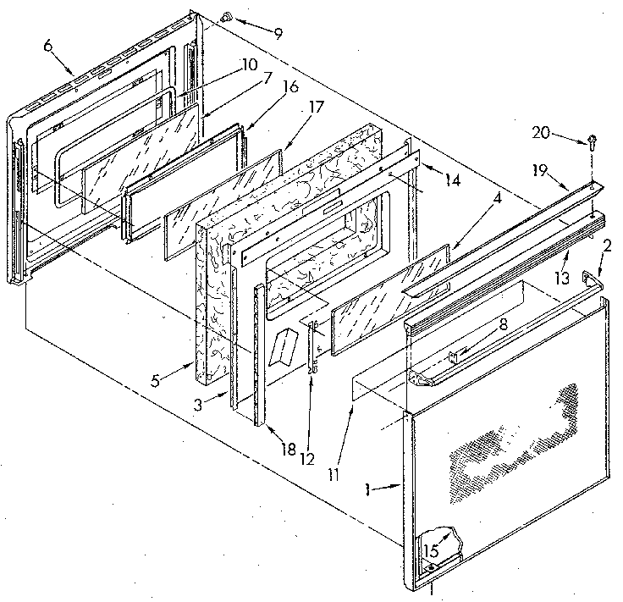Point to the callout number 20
pos(540,131)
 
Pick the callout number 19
pos(539,170)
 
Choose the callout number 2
pos(606,246)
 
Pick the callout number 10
pos(247,64)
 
